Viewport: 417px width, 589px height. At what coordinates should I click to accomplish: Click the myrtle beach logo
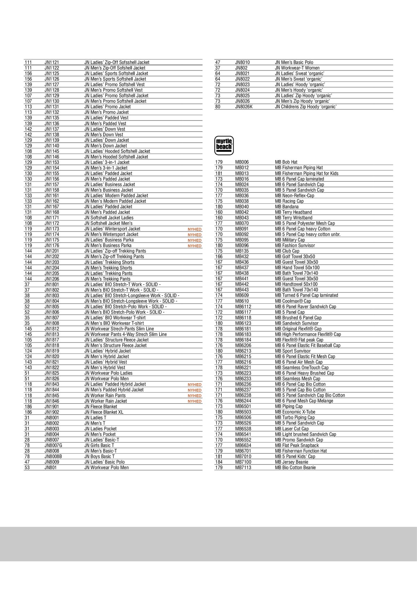coord(224,145)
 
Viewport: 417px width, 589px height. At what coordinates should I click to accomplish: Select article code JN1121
coord(52,62)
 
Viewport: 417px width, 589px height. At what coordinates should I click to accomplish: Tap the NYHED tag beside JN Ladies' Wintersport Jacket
coord(195,229)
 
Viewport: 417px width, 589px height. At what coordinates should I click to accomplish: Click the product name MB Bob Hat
coord(286,162)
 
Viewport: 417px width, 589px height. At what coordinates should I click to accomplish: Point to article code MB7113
coord(243,468)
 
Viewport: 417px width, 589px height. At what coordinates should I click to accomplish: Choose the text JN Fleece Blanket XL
coord(104,412)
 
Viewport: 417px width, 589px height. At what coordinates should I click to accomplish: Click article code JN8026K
coord(244,107)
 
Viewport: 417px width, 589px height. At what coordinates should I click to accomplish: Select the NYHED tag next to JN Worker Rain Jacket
coord(195,401)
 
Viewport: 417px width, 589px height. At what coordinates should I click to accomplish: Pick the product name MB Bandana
coord(287,207)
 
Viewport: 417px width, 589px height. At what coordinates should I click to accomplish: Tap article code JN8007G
coord(53,445)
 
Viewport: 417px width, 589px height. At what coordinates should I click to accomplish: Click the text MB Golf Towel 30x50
coord(295,256)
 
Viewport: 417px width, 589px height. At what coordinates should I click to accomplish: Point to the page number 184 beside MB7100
coord(219,462)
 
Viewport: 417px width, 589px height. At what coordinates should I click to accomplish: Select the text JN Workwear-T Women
coord(297,68)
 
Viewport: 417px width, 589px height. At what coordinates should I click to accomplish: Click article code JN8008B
coord(53,456)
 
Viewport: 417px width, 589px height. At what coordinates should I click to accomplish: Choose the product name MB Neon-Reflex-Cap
coord(294,195)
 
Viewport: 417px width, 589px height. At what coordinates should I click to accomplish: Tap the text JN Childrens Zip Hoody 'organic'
coord(305,107)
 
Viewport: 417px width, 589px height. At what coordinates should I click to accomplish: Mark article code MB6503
coord(243,412)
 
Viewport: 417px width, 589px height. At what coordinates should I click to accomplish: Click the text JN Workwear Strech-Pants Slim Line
coord(119,329)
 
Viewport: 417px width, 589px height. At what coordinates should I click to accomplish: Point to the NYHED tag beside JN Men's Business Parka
coord(195,246)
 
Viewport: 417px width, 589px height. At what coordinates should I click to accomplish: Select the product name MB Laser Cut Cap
coord(292,429)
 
